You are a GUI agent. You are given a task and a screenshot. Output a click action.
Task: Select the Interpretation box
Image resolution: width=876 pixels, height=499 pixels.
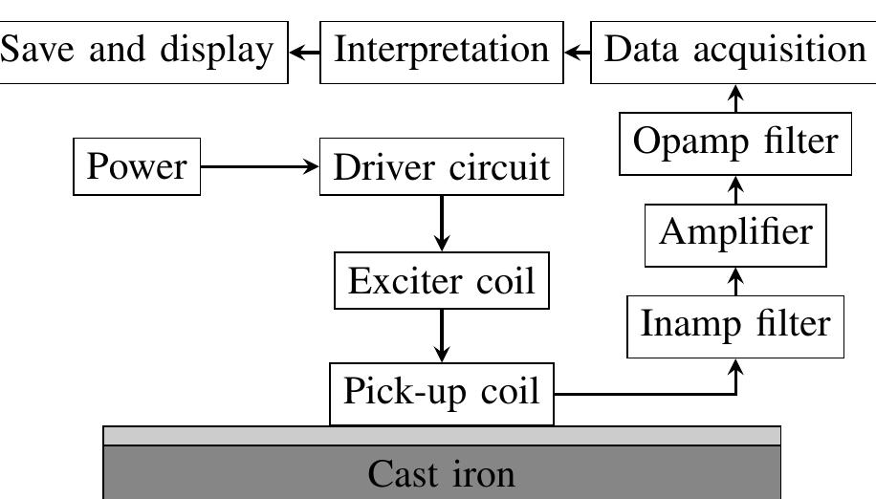[x=441, y=50]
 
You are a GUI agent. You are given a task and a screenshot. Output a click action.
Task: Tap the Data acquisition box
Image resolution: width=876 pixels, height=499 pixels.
[x=734, y=50]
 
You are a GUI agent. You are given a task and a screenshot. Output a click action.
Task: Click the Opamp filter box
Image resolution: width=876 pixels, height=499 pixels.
[x=735, y=142]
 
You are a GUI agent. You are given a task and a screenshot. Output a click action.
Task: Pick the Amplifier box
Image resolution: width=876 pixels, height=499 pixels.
[x=735, y=233]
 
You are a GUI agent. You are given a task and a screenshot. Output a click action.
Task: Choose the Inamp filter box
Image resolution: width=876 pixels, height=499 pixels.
[x=735, y=325]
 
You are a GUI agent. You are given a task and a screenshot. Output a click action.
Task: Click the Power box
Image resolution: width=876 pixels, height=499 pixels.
[x=137, y=166]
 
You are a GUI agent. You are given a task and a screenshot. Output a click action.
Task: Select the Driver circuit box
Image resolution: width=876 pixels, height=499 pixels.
[x=441, y=166]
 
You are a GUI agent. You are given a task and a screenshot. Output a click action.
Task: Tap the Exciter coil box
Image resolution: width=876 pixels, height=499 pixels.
[x=441, y=281]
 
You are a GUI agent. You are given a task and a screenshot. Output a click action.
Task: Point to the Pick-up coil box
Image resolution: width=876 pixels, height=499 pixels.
[x=441, y=392]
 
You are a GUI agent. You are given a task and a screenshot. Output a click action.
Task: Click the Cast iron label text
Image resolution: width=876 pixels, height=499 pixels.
[x=441, y=474]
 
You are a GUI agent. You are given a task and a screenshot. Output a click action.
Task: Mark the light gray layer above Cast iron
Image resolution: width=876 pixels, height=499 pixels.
[x=441, y=436]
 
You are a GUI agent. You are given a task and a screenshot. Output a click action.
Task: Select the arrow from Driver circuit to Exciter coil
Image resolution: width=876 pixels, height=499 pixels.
[x=441, y=223]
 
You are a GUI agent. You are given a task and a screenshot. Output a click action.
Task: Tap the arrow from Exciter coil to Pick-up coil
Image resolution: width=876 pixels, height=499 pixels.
[x=441, y=336]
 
